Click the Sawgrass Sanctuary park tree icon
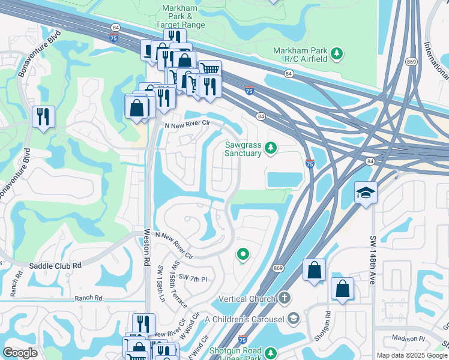(x=271, y=147)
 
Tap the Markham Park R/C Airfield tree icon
(x=337, y=54)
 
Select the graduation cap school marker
(x=366, y=193)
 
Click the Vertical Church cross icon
(x=285, y=298)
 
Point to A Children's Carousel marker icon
(x=294, y=317)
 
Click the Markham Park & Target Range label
(x=180, y=16)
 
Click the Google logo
(x=20, y=353)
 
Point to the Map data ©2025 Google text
(x=412, y=355)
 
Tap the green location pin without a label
(x=243, y=255)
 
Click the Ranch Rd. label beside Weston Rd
(x=89, y=298)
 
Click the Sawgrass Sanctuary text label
(x=243, y=149)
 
